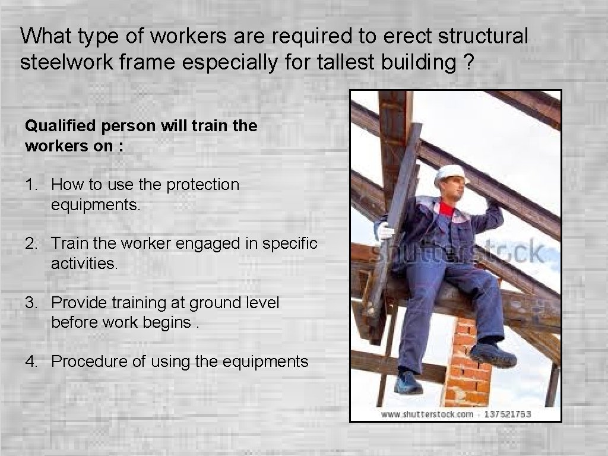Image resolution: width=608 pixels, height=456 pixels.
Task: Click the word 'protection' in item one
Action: (x=202, y=185)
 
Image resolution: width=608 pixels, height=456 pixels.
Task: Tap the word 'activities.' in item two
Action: (x=85, y=263)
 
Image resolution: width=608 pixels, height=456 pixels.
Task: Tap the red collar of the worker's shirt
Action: (x=446, y=208)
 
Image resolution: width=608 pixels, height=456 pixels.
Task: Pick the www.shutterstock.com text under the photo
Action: (x=427, y=414)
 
